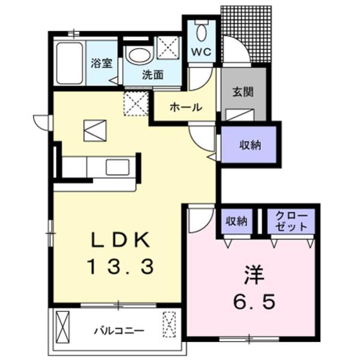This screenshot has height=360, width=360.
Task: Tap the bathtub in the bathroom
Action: [69, 63]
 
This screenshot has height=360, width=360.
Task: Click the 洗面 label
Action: [152, 76]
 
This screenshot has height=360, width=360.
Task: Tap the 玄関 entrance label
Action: [244, 92]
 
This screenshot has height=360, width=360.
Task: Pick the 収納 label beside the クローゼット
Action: [236, 221]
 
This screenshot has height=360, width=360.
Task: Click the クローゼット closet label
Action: [290, 221]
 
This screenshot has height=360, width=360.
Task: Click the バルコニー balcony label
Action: [118, 330]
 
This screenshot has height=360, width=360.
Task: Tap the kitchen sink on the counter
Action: [118, 167]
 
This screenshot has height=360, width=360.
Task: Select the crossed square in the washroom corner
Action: [167, 47]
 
